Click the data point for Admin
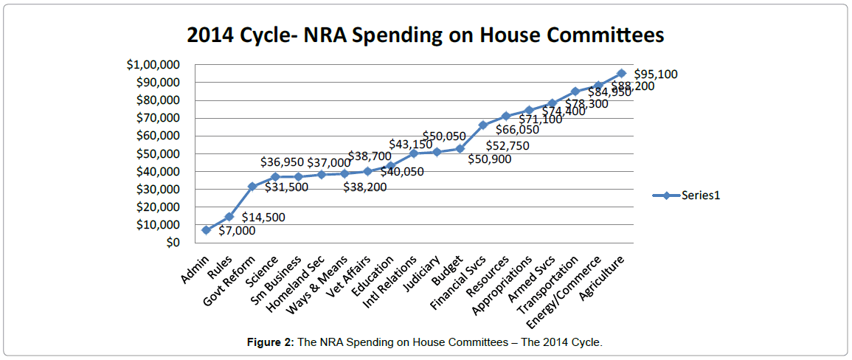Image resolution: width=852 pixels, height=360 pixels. [x=206, y=230]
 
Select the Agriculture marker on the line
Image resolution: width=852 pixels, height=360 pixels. [x=621, y=73]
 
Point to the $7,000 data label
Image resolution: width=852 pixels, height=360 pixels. [x=238, y=231]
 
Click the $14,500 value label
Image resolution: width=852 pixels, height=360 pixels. [x=263, y=218]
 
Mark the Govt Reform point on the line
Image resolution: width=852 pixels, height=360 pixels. [x=252, y=186]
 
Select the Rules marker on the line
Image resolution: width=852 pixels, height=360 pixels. [x=229, y=217]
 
